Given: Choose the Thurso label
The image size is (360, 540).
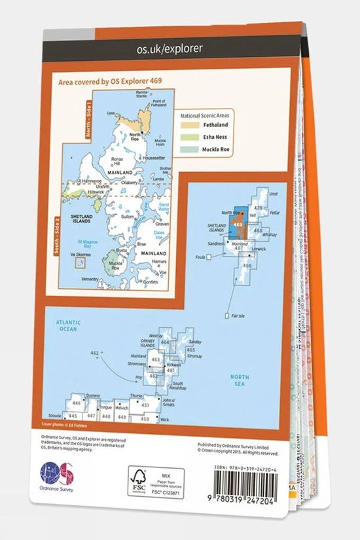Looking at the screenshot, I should pos(135,397).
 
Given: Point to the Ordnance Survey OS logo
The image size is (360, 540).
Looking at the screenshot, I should pos(56,475).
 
